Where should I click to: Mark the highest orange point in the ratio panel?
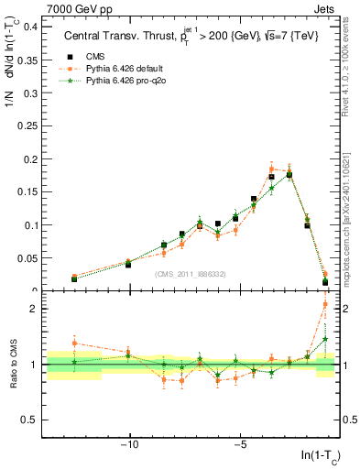pyautogui.click(x=325, y=305)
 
